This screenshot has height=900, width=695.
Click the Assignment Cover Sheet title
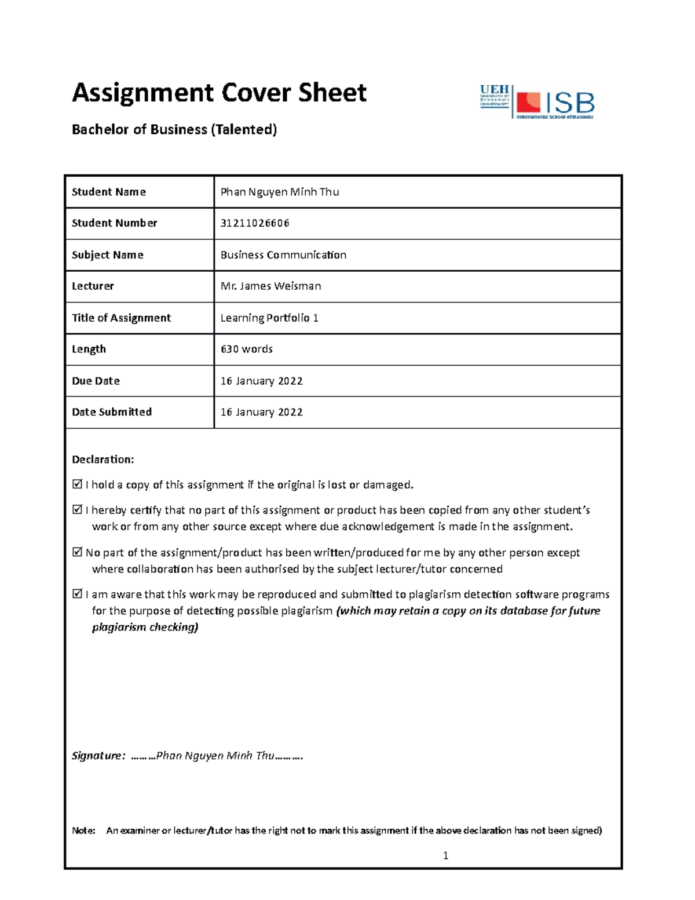(219, 93)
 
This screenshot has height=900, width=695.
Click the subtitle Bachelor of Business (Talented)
(174, 129)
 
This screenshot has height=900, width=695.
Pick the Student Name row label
(109, 192)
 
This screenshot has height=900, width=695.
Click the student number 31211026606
(255, 223)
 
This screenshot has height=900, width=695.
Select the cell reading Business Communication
(283, 255)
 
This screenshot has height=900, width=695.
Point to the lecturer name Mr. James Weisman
(270, 286)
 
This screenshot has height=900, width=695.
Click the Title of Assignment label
(121, 318)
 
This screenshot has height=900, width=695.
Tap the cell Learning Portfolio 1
(269, 318)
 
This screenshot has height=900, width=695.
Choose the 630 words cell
(247, 349)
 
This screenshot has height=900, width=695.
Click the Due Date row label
(96, 381)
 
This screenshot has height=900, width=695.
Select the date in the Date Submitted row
(262, 412)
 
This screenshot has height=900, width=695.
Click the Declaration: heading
(103, 460)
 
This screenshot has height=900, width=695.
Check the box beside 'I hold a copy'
(77, 484)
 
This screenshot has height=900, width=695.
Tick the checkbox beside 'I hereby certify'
(77, 509)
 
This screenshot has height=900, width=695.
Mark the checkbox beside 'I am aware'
(77, 593)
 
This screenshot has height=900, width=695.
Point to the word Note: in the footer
(83, 830)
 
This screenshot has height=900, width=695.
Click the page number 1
(445, 855)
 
